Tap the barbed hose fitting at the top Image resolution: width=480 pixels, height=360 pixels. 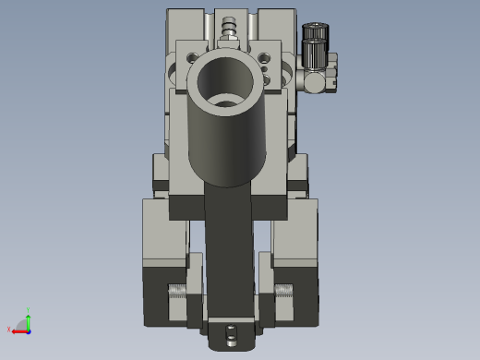click(228, 32)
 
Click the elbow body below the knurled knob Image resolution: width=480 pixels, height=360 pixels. click(318, 82)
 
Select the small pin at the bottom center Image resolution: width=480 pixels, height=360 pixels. click(230, 335)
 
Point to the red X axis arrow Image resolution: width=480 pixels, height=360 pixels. click(18, 329)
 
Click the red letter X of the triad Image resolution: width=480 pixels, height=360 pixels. click(8, 330)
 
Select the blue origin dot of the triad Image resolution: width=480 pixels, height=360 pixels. click(29, 329)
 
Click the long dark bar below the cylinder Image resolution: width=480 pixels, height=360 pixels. click(226, 249)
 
